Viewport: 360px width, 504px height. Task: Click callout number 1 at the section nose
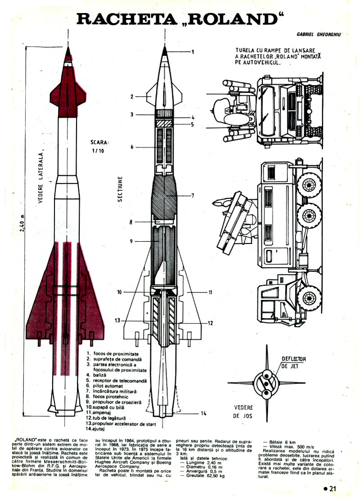(192, 52)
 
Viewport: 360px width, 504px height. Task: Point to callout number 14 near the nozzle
(203, 413)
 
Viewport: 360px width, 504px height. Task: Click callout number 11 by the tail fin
(210, 293)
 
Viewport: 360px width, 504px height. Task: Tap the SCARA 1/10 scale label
(99, 147)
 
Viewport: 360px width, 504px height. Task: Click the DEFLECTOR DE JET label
(293, 363)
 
